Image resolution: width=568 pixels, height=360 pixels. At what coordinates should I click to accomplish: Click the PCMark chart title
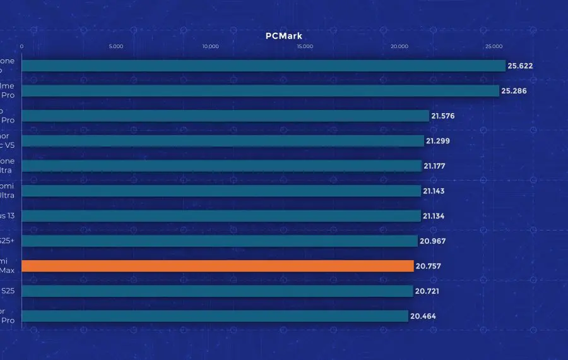coord(283,36)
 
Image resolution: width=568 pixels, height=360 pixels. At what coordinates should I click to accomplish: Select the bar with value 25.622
coord(264,66)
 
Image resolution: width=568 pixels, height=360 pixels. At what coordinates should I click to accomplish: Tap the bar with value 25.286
coord(261,91)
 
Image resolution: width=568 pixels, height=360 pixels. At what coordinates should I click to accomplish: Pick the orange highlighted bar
coord(218,266)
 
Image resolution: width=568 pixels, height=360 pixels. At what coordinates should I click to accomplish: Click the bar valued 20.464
coord(215,316)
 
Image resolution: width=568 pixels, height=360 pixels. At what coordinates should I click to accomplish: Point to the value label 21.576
coord(443,116)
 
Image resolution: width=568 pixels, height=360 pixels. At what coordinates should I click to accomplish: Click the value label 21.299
coord(438,141)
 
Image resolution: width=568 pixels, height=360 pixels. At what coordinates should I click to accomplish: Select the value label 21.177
coord(435,166)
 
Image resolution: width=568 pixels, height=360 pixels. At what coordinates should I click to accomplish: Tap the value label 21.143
coord(435,191)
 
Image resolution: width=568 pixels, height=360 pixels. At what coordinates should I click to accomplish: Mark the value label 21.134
coord(435,216)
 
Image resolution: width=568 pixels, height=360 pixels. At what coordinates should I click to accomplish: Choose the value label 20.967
coord(432,241)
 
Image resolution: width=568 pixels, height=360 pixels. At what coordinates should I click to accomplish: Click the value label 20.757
coord(429,266)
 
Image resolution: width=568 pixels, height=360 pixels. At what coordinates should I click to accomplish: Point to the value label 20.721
coord(427,291)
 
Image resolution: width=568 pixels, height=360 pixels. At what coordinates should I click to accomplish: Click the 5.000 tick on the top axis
coord(116,47)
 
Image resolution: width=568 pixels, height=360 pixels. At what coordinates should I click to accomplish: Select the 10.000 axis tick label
coord(210,47)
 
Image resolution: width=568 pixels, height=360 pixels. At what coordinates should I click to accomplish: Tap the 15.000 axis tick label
coord(305,47)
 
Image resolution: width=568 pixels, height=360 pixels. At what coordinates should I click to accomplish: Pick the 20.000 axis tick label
coord(399,47)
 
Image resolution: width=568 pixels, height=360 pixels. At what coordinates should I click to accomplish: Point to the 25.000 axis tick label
coord(494,47)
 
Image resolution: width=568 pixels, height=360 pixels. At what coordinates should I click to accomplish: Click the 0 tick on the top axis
coord(22,47)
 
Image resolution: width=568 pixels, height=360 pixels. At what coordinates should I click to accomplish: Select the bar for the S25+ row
coord(220,241)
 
